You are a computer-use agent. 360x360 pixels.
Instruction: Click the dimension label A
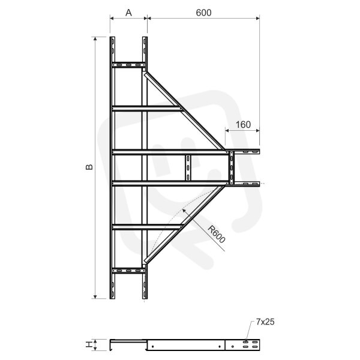point(128,13)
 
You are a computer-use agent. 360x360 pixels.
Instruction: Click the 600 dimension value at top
point(203,13)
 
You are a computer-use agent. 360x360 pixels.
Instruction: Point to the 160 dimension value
point(243,125)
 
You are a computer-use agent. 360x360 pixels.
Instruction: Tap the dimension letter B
point(89,167)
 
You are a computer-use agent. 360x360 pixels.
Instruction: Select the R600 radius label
point(216,235)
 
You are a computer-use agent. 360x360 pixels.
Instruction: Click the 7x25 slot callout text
point(265,322)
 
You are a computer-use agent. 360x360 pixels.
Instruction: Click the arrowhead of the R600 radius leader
point(184,211)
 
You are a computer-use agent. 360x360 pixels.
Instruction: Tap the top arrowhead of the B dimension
point(95,38)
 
